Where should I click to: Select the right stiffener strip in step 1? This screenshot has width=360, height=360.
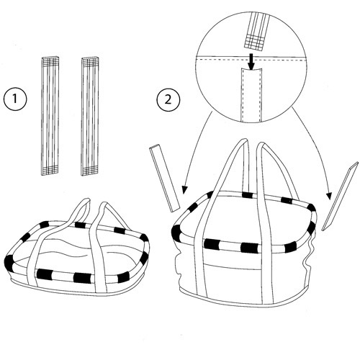tap(90, 116)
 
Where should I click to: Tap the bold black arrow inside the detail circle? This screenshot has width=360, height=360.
tap(250, 63)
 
